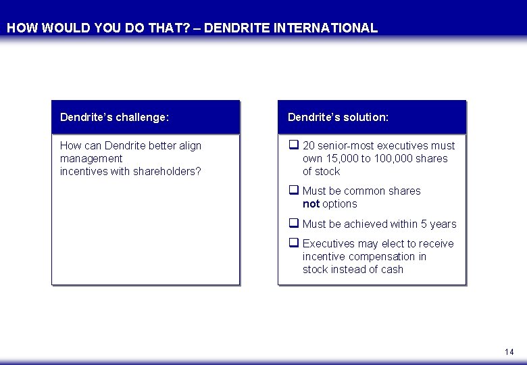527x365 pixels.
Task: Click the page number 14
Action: pyautogui.click(x=509, y=352)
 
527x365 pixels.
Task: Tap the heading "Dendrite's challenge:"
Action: pyautogui.click(x=114, y=117)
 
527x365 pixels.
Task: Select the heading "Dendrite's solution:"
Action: pyautogui.click(x=338, y=117)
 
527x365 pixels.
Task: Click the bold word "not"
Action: pyautogui.click(x=311, y=203)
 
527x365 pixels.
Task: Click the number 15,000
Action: pyautogui.click(x=346, y=158)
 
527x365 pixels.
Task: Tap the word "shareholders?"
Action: pyautogui.click(x=167, y=171)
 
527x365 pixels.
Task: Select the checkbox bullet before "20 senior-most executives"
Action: pyautogui.click(x=294, y=145)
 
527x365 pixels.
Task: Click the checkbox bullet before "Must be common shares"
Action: pyautogui.click(x=294, y=191)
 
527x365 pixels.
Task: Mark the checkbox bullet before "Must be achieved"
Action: pyautogui.click(x=294, y=224)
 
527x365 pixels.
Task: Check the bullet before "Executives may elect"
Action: pyautogui.click(x=294, y=243)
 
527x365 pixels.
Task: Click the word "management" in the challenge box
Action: pyautogui.click(x=91, y=158)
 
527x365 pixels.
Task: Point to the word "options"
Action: pyautogui.click(x=340, y=203)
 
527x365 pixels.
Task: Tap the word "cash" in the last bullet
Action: pyautogui.click(x=392, y=269)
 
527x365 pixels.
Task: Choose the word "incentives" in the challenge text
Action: pyautogui.click(x=85, y=171)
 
